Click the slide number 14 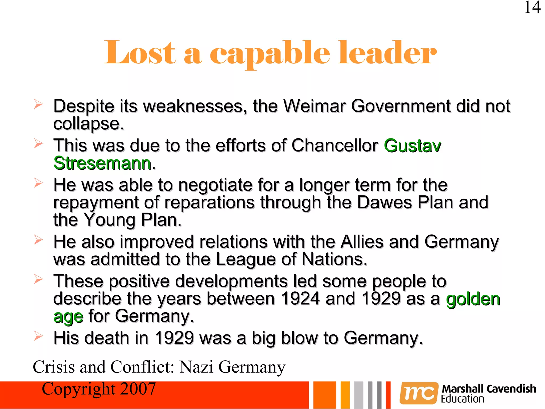click(532, 7)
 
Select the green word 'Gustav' click(412, 146)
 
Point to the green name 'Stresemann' click(102, 163)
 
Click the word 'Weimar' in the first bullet click(314, 106)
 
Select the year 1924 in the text click(300, 298)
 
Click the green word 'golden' click(473, 299)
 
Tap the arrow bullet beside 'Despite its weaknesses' click(38, 104)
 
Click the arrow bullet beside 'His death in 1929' click(38, 336)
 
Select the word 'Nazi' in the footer click(196, 367)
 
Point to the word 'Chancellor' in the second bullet click(335, 146)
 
